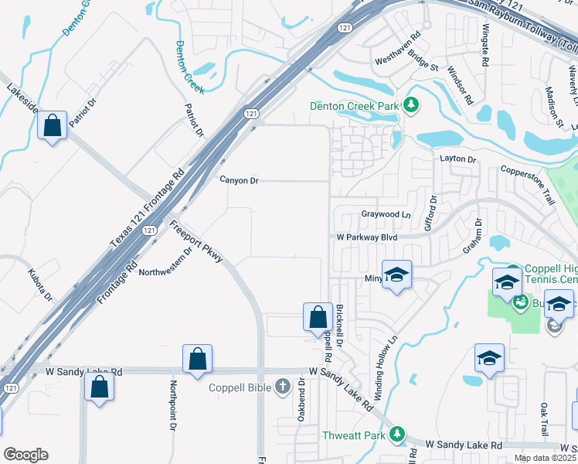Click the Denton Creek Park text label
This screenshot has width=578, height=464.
click(354, 106)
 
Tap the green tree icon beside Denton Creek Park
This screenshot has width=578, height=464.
click(411, 105)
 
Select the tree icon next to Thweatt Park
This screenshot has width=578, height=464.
click(397, 435)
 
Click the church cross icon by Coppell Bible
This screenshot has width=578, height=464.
click(284, 384)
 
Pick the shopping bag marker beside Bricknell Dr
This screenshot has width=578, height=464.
click(317, 317)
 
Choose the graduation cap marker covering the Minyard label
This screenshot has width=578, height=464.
click(397, 275)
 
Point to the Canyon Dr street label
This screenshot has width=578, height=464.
click(239, 180)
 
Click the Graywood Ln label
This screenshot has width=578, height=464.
click(386, 214)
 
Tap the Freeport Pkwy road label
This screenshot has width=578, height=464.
click(195, 245)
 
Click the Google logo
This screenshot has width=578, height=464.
click(25, 455)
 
